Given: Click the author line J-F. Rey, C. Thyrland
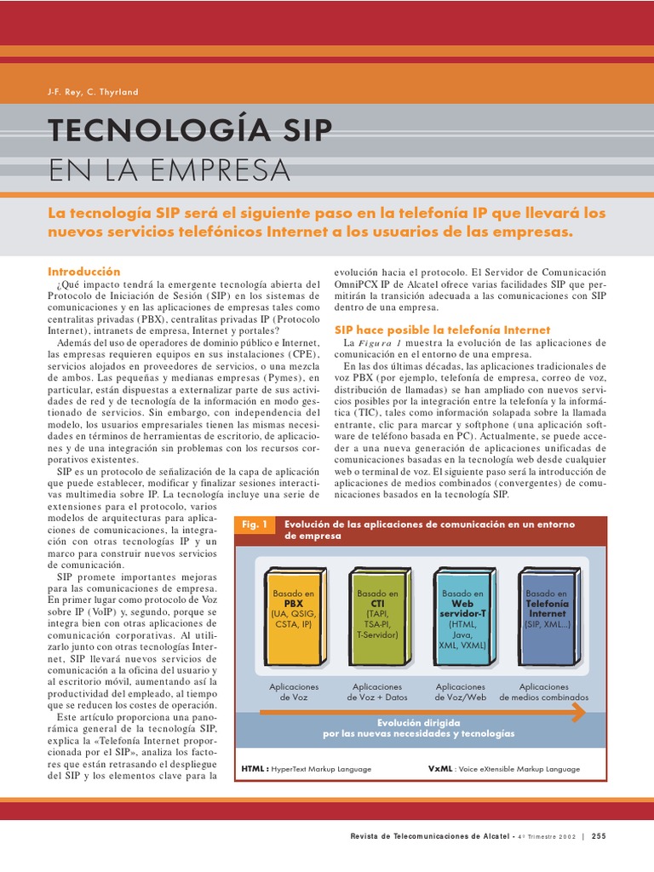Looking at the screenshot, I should click(x=93, y=92).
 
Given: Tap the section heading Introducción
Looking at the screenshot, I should click(x=84, y=271).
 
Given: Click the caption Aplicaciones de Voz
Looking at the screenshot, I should click(x=294, y=691).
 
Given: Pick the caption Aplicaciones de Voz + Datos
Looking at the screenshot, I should click(x=377, y=691).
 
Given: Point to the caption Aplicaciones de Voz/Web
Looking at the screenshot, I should click(x=461, y=691).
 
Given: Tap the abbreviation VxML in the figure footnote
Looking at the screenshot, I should click(x=440, y=768).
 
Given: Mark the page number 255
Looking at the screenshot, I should click(x=599, y=836).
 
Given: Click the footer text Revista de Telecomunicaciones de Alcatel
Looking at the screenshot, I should click(x=430, y=836).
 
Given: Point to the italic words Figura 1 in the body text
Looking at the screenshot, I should click(x=380, y=342).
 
